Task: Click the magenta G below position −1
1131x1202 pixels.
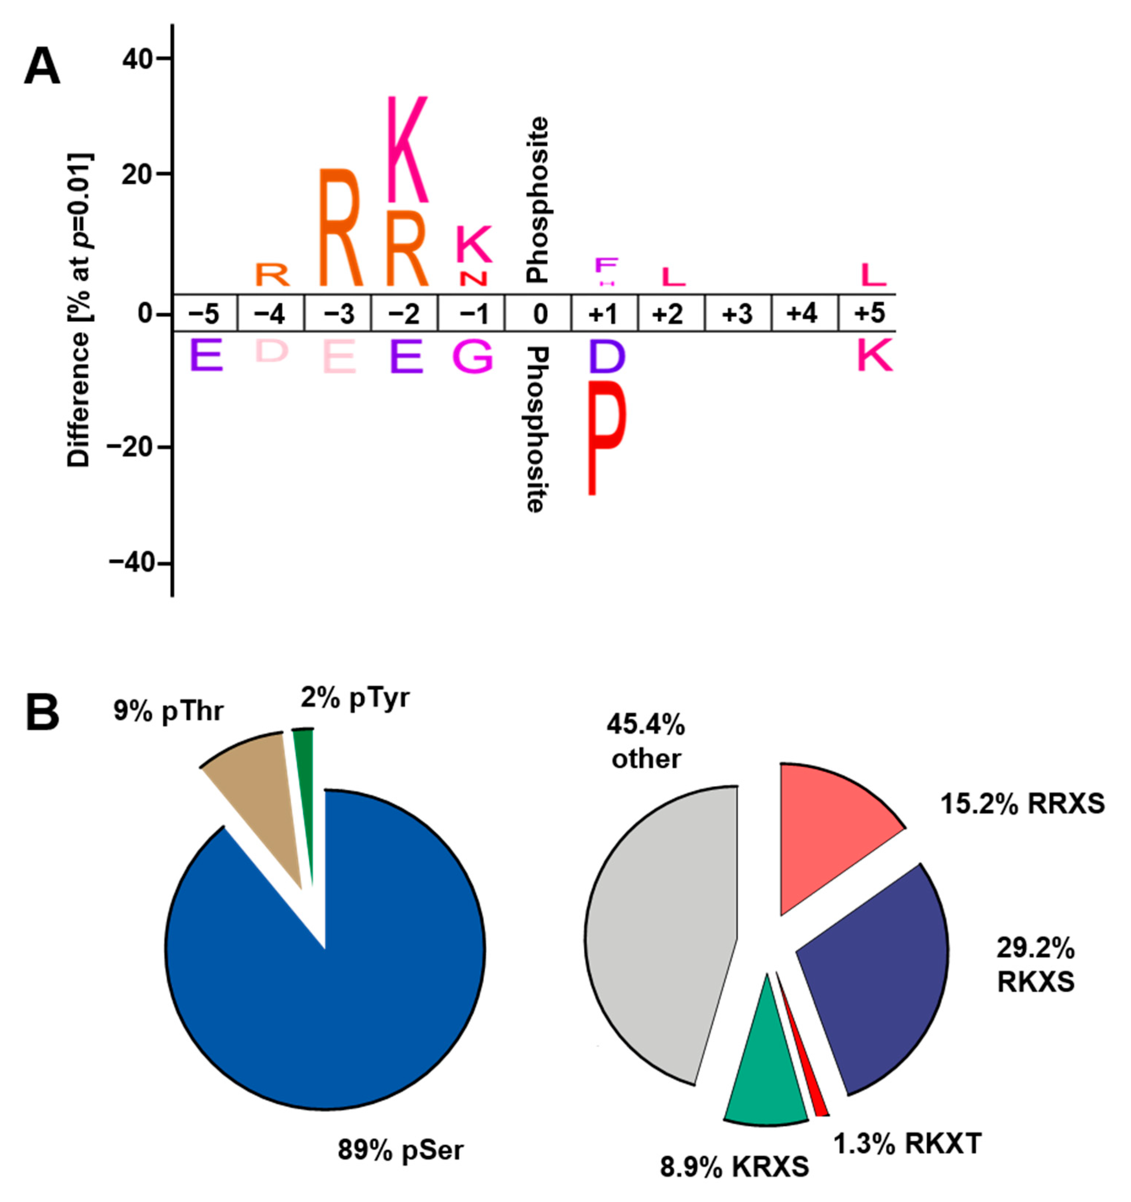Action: coord(473,357)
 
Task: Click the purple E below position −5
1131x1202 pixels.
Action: coord(206,355)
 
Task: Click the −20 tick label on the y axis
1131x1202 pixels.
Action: coord(130,448)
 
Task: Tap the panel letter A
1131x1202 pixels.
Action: coord(42,67)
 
